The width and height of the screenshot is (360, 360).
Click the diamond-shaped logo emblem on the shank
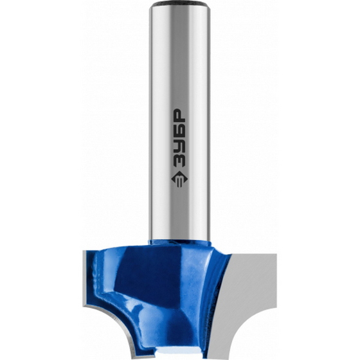click(x=179, y=179)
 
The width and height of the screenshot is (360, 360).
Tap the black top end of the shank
click(x=179, y=3)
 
